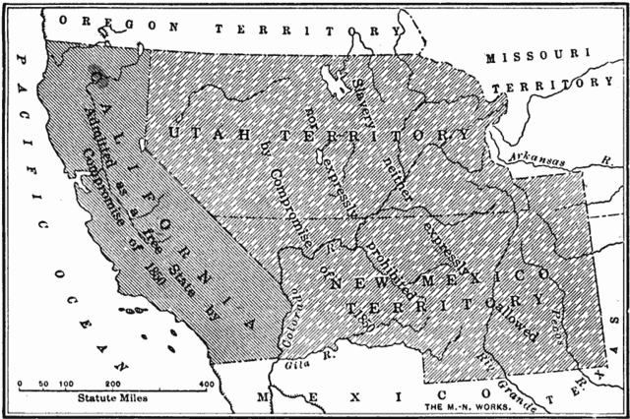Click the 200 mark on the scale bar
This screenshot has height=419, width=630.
[x=113, y=383]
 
